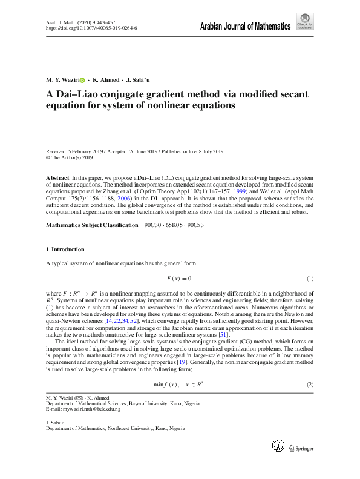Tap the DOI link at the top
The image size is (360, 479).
click(91, 28)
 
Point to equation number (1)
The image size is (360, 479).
click(310, 279)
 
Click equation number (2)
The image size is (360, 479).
click(310, 385)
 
